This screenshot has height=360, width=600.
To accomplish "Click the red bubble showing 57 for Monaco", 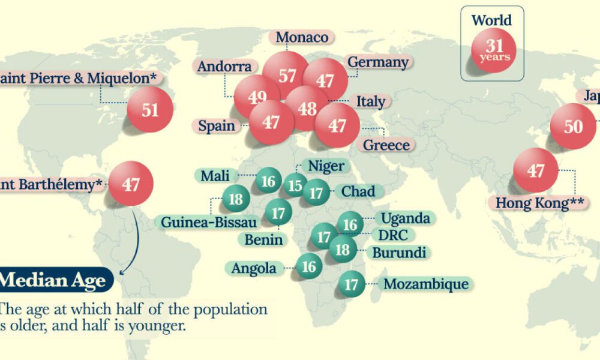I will click(287, 75).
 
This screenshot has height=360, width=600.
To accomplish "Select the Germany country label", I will click(378, 62).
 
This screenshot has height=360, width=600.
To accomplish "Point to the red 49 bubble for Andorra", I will click(256, 97).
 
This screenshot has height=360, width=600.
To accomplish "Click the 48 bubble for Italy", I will click(307, 107).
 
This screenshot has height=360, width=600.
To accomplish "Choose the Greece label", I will click(386, 145).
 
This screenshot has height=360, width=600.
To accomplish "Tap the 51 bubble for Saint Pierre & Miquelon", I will click(150, 109).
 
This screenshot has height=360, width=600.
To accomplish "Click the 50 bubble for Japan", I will click(573, 126).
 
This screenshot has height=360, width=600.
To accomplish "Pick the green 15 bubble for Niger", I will click(295, 185).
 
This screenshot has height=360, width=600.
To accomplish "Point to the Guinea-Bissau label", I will click(209, 222).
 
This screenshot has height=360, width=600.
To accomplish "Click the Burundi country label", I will click(399, 252).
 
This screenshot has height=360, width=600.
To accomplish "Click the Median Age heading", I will click(54, 280).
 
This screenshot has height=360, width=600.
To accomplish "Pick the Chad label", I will click(358, 192).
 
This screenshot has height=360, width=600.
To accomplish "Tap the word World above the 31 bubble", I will click(492, 20).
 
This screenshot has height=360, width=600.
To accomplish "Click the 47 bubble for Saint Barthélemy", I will click(131, 184).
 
